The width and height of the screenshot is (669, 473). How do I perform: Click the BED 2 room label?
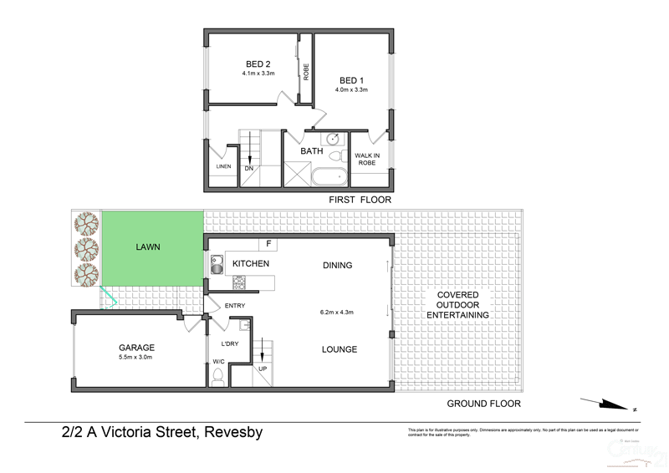[258, 64]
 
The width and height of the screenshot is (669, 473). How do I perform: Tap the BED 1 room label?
[351, 79]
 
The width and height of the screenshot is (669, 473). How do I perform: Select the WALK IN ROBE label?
[368, 160]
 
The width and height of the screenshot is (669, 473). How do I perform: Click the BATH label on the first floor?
[312, 151]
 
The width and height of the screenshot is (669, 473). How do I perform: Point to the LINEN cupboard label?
[223, 166]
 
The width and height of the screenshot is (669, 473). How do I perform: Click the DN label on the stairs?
[248, 169]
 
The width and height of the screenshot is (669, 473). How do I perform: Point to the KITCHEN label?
[251, 264]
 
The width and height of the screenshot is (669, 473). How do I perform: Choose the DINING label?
[338, 266]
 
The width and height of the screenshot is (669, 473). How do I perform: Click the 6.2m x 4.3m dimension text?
[337, 313]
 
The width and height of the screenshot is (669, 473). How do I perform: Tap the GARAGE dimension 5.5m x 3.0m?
[135, 357]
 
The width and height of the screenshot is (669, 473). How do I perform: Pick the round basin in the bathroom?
[332, 140]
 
